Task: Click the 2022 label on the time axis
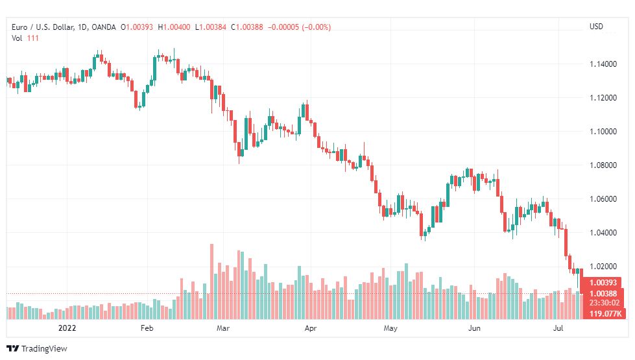tap(67, 328)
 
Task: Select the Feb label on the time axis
tap(147, 328)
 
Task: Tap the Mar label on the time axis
tap(224, 328)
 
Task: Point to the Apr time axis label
tap(311, 328)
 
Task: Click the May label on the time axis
tap(390, 328)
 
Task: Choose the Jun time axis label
tap(475, 328)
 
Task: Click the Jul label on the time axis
tap(558, 328)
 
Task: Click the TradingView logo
tap(37, 348)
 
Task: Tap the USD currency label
tap(596, 27)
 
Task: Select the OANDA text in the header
tap(104, 27)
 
